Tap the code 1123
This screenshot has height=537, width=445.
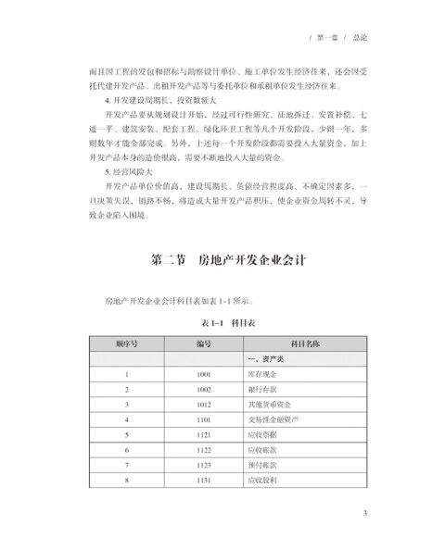204,465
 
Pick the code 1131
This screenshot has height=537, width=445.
204,480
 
